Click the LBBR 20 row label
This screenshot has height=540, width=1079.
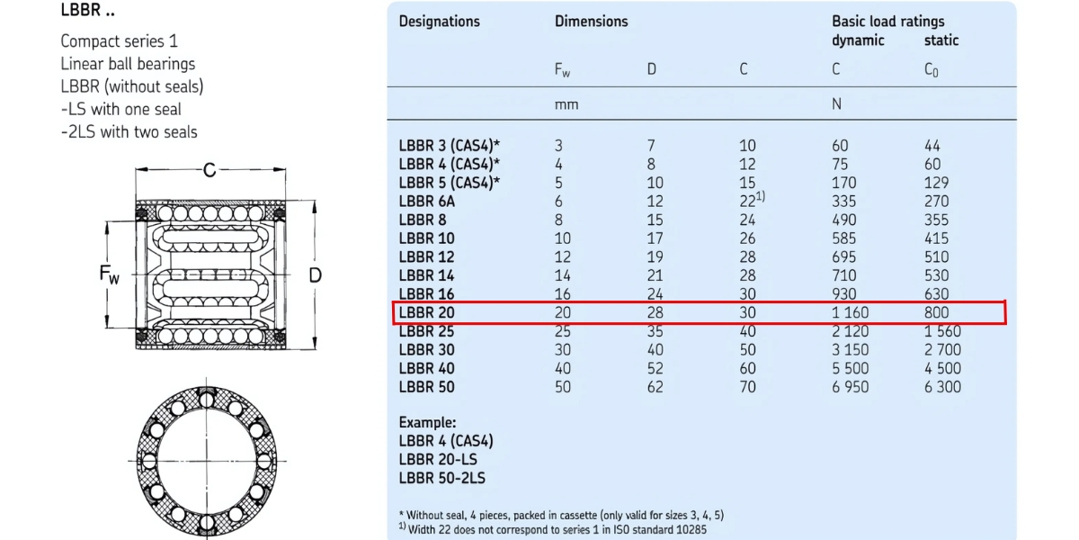pos(427,312)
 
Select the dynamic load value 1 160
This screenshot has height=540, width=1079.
pos(850,312)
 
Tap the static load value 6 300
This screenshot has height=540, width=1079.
pos(942,387)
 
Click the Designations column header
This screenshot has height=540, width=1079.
pos(440,21)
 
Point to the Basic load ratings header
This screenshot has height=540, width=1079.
pos(887,21)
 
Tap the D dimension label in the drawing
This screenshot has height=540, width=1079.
pos(315,274)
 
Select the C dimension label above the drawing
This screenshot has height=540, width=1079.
pos(209,169)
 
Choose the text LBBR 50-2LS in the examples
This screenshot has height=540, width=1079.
pos(441,478)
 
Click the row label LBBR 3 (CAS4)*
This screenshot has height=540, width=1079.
pos(450,145)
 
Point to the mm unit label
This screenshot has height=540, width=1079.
pos(566,104)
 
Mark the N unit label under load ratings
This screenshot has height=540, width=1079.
pos(836,104)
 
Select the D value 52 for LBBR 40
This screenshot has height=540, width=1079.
pos(655,368)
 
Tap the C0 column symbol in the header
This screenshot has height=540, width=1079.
pos(932,69)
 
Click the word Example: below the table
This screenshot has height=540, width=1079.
pos(428,422)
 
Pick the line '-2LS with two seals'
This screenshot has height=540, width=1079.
pos(129,132)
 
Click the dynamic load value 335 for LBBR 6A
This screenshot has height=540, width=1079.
pos(845,201)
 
